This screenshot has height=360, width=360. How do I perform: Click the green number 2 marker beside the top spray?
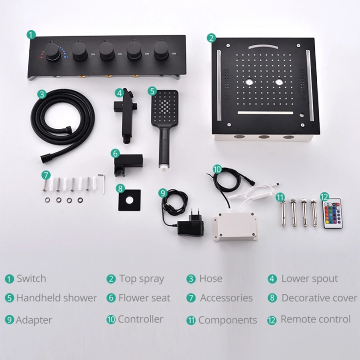point(211,38)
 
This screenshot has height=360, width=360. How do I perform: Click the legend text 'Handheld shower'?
point(56,298)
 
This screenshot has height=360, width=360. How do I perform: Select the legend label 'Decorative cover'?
point(319,298)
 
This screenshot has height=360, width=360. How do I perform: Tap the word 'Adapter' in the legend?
point(34,320)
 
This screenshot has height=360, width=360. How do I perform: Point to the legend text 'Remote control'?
point(315,320)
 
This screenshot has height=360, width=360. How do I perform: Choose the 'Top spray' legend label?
point(141,279)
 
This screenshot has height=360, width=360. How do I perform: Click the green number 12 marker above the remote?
point(324,197)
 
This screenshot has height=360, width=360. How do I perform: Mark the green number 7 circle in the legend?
point(191,299)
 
